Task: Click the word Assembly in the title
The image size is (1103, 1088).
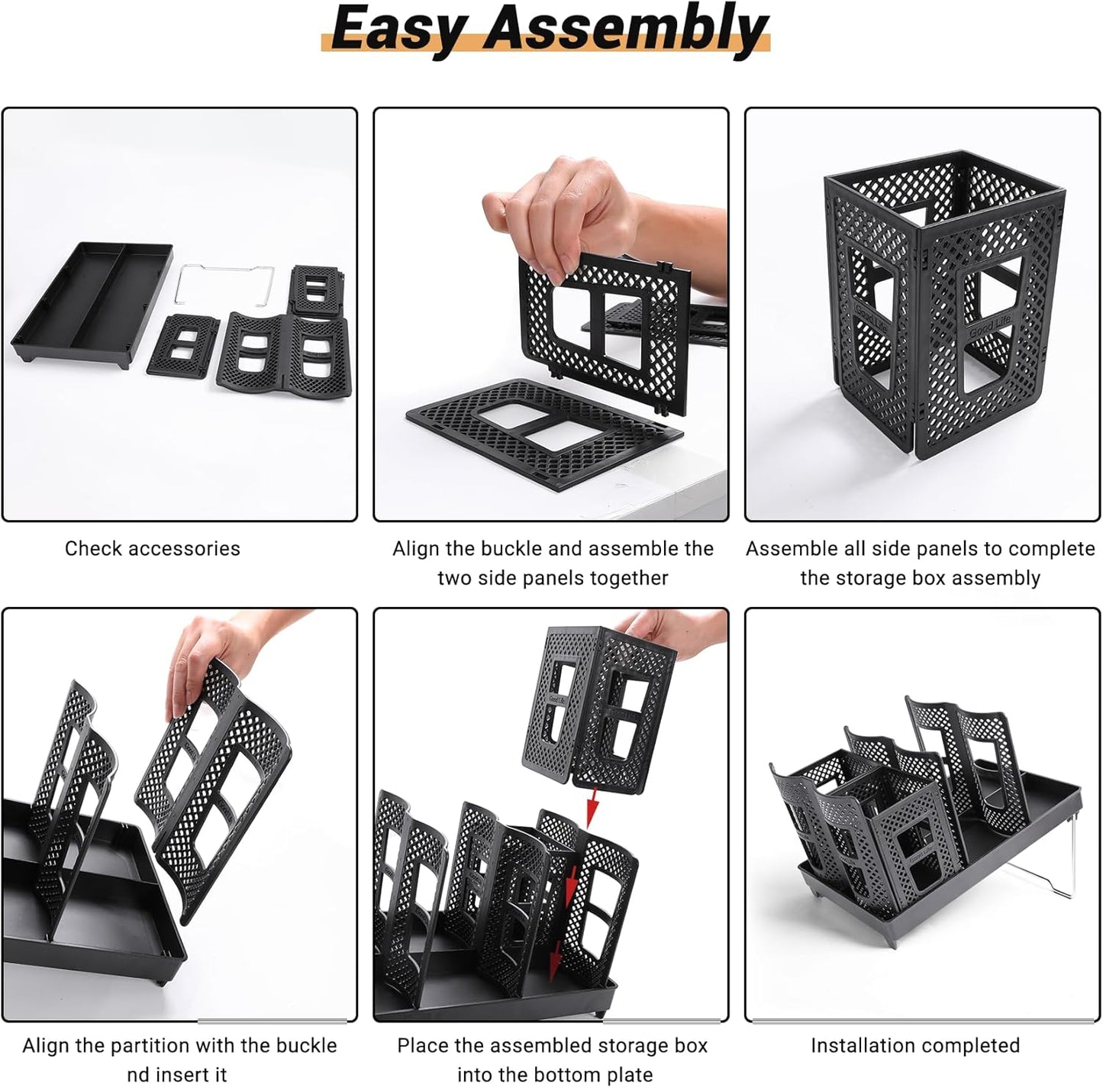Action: (x=624, y=29)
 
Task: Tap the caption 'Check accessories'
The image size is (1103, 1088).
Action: (x=152, y=548)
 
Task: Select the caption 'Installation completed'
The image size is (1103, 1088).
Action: (x=914, y=1045)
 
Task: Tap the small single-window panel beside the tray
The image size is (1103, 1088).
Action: (x=183, y=344)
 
